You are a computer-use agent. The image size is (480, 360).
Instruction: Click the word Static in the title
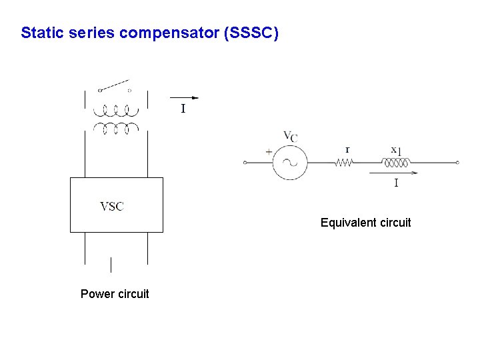[41, 33]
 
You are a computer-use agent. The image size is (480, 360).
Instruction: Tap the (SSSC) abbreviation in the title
[252, 33]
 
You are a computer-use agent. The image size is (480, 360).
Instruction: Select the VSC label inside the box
[112, 206]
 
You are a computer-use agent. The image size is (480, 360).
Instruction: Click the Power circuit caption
[115, 294]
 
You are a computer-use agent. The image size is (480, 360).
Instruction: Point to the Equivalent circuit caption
[365, 223]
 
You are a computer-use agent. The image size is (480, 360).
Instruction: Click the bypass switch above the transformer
[114, 87]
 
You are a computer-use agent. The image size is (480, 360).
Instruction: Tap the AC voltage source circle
[290, 162]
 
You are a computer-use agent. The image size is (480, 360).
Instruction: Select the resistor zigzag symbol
[343, 162]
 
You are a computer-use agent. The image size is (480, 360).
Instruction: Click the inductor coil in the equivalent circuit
[397, 161]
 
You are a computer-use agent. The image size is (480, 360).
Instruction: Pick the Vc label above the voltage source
[291, 137]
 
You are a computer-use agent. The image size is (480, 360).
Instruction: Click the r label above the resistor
[347, 149]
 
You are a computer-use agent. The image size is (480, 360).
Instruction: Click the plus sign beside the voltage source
[269, 152]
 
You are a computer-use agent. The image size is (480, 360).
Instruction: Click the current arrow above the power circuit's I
[185, 97]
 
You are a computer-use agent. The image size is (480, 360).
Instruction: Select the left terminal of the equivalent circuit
[245, 162]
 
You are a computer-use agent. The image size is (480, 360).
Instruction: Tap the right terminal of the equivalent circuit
[457, 162]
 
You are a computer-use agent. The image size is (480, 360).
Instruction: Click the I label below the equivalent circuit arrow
[396, 183]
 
